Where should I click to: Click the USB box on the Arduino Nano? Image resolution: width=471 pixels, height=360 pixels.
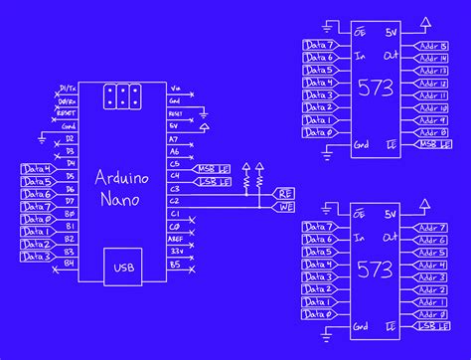124,268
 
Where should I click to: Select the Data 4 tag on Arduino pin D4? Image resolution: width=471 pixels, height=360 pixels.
38,170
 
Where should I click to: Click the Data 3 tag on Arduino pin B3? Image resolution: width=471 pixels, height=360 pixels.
38,257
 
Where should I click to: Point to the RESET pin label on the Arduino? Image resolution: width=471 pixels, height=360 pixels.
66,113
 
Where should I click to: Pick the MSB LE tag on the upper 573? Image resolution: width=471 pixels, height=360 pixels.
430,145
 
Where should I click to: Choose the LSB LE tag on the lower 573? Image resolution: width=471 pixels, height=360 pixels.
430,326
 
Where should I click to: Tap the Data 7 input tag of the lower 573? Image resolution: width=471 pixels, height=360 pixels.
320,227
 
